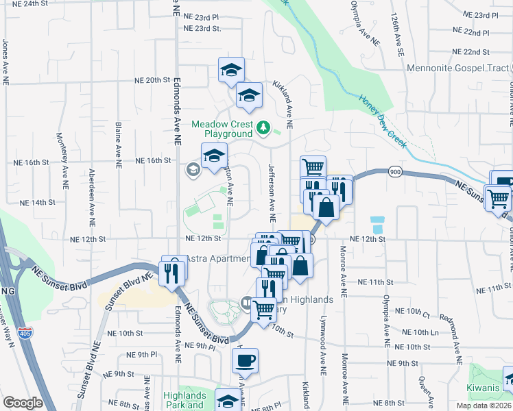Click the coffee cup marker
(245, 360)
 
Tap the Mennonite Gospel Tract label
(458, 68)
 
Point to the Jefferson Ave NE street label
(272, 193)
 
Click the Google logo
(23, 403)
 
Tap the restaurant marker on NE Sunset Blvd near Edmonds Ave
(170, 273)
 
